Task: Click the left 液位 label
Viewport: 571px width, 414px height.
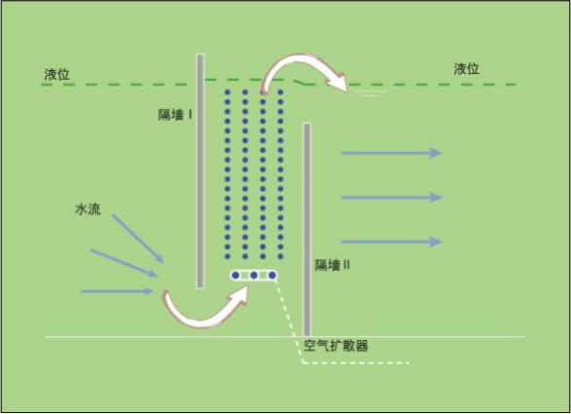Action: point(56,74)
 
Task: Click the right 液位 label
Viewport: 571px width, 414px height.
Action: point(466,69)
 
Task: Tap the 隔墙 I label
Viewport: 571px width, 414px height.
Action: point(175,115)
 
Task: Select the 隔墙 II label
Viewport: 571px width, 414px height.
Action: point(332,265)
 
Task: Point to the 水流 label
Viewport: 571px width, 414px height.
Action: point(88,209)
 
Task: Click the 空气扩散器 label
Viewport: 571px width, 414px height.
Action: point(336,346)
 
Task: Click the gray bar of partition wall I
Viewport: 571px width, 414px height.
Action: point(200,171)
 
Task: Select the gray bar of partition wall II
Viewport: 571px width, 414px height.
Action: point(307,230)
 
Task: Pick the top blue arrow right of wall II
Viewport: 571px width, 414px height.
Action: point(391,153)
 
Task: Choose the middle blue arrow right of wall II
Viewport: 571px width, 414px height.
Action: point(391,198)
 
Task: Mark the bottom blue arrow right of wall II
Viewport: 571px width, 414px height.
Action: point(391,242)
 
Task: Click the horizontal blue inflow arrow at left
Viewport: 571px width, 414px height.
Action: point(117,291)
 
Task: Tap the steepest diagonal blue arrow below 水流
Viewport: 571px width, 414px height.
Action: point(138,239)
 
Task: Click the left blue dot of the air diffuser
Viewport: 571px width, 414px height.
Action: point(235,275)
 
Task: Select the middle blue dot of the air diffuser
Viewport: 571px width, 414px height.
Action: point(254,275)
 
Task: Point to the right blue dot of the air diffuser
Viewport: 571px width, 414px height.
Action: point(271,275)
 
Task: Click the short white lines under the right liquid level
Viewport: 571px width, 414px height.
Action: point(371,94)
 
